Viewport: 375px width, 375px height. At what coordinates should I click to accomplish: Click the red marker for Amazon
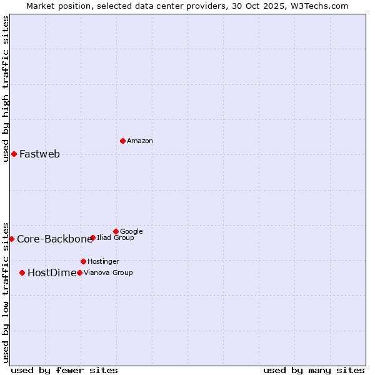click(x=122, y=141)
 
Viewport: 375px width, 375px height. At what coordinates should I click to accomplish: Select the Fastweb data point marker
click(x=14, y=154)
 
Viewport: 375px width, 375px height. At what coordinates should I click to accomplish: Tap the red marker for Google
click(x=116, y=231)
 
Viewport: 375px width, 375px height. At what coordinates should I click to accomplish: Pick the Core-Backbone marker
click(x=11, y=239)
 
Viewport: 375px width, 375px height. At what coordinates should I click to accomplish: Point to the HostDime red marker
click(x=22, y=272)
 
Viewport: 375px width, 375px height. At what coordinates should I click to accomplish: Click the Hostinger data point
click(x=83, y=261)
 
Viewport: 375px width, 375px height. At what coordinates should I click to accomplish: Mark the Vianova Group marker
click(x=79, y=272)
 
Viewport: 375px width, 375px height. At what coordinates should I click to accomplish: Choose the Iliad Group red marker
click(x=92, y=237)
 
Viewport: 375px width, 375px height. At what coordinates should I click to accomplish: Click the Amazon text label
click(x=140, y=141)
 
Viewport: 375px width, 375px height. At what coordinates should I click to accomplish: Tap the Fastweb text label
click(x=39, y=154)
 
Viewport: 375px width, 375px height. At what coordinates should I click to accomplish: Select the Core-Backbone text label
click(x=54, y=239)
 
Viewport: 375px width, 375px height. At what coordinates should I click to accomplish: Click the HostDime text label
click(x=52, y=272)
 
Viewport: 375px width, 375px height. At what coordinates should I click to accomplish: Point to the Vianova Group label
click(x=108, y=272)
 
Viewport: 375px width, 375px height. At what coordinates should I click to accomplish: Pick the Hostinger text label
click(x=103, y=261)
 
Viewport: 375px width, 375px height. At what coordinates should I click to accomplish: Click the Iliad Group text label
click(x=116, y=237)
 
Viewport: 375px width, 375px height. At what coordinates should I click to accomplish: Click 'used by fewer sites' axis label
click(x=64, y=370)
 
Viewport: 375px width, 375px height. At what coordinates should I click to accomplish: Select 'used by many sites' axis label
click(x=314, y=370)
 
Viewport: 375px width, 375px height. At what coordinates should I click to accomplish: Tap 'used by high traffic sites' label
click(x=6, y=88)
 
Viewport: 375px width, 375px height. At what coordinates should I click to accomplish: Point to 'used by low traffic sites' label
click(x=6, y=292)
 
